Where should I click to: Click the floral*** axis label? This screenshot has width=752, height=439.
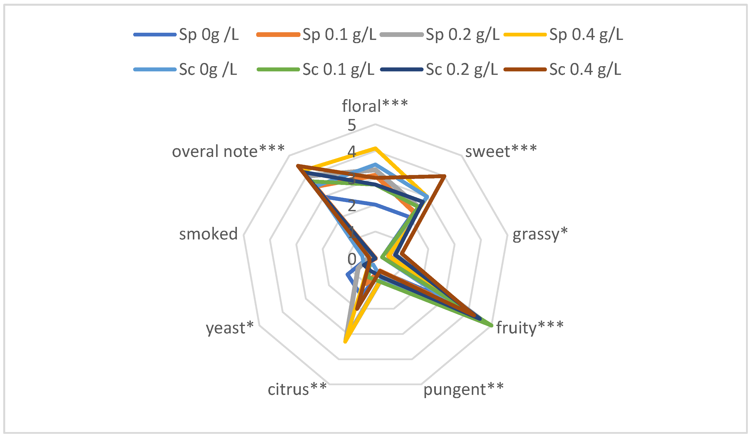click(375, 106)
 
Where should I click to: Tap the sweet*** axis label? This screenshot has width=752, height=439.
click(501, 151)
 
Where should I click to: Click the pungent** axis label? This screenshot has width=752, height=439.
click(463, 389)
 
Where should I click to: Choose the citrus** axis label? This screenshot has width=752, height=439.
click(297, 389)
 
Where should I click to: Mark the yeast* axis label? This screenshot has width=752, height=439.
click(229, 328)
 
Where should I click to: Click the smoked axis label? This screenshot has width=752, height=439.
click(208, 234)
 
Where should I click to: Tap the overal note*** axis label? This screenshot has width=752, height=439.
click(228, 151)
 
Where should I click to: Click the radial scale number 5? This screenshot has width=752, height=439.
click(351, 125)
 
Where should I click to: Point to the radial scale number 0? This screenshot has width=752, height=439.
click(351, 259)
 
